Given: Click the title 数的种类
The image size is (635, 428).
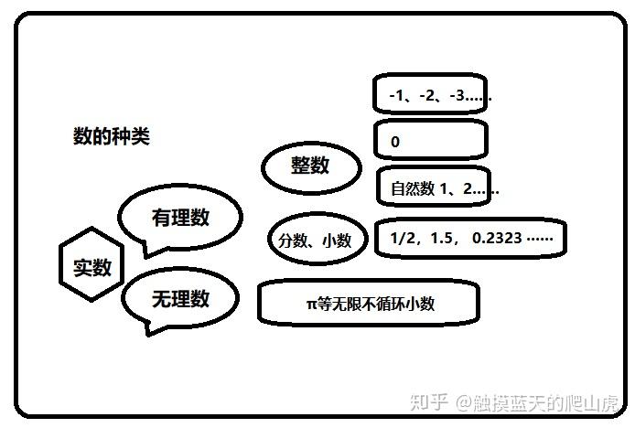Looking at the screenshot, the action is pyautogui.click(x=111, y=137).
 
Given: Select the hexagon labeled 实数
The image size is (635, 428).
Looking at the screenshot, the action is pyautogui.click(x=91, y=267).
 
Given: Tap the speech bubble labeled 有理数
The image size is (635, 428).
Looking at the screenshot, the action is pyautogui.click(x=180, y=218).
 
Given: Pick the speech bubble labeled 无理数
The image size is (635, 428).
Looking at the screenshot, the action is pyautogui.click(x=180, y=298).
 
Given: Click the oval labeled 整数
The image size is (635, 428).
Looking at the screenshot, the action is pyautogui.click(x=309, y=166).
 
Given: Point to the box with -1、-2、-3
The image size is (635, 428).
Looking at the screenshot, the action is pyautogui.click(x=430, y=95).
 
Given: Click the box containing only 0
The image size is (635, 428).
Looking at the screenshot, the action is pyautogui.click(x=430, y=141).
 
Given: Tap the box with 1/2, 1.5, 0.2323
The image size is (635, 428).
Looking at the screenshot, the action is pyautogui.click(x=470, y=238).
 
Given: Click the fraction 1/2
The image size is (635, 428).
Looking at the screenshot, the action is pyautogui.click(x=403, y=238).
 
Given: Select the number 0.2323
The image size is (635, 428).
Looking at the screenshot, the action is pyautogui.click(x=497, y=238).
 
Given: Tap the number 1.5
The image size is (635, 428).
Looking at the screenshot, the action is pyautogui.click(x=445, y=238).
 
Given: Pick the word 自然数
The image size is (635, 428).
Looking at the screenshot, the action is pyautogui.click(x=411, y=189).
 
